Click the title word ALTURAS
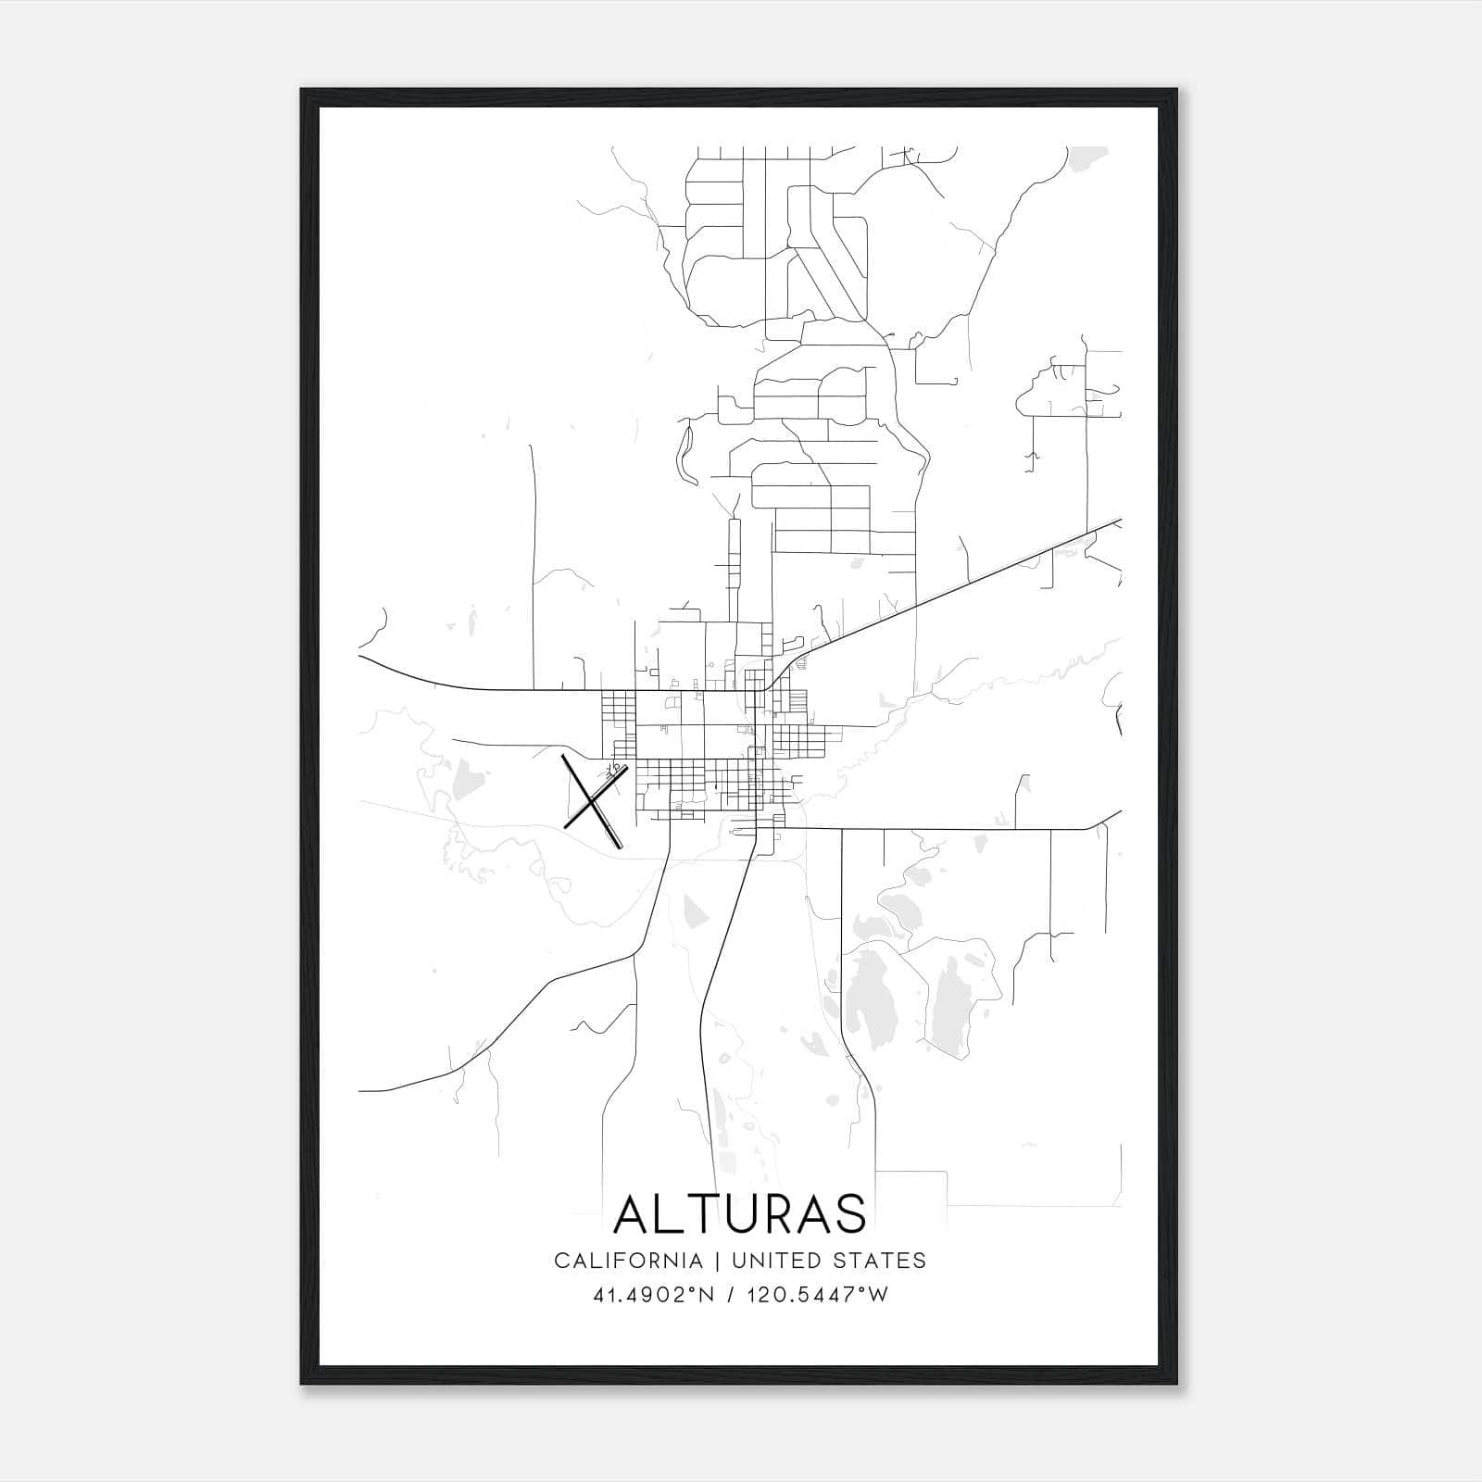(740, 1213)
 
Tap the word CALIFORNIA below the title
(627, 1260)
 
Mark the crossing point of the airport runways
(591, 803)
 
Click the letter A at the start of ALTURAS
(633, 1213)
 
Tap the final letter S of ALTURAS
(849, 1213)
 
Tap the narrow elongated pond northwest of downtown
(685, 454)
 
